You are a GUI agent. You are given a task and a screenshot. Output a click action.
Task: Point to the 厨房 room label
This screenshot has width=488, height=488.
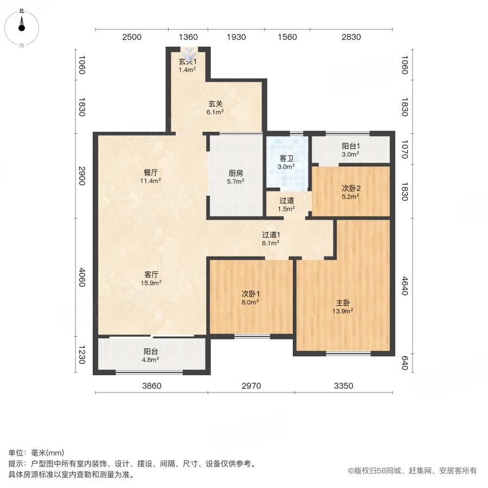[x=235, y=174]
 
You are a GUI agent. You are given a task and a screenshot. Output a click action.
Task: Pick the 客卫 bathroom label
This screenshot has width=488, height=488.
[x=286, y=159]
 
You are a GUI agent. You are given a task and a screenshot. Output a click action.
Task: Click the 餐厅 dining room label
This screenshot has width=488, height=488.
[x=151, y=172]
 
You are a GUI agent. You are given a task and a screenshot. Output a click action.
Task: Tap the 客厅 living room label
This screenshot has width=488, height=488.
[x=151, y=274]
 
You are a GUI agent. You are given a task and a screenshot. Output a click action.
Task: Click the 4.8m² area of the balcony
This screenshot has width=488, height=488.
[x=151, y=359]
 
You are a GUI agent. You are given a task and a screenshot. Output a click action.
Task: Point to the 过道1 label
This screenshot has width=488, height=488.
[x=270, y=235]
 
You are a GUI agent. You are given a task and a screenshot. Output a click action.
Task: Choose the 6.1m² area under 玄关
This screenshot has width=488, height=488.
[x=215, y=112]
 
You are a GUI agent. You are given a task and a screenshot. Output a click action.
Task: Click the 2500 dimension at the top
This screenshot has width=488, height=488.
[x=132, y=37]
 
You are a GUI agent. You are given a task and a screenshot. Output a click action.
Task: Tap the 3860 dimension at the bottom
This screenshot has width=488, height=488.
[x=152, y=386]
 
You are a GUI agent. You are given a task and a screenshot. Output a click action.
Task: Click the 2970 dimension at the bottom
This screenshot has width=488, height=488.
[x=252, y=386]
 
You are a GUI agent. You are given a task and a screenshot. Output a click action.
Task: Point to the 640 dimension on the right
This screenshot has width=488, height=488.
[x=404, y=362]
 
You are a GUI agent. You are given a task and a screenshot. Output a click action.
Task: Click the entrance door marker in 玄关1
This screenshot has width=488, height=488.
[x=190, y=53]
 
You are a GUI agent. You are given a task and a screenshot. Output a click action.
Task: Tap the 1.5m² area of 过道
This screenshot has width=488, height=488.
[x=286, y=208]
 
